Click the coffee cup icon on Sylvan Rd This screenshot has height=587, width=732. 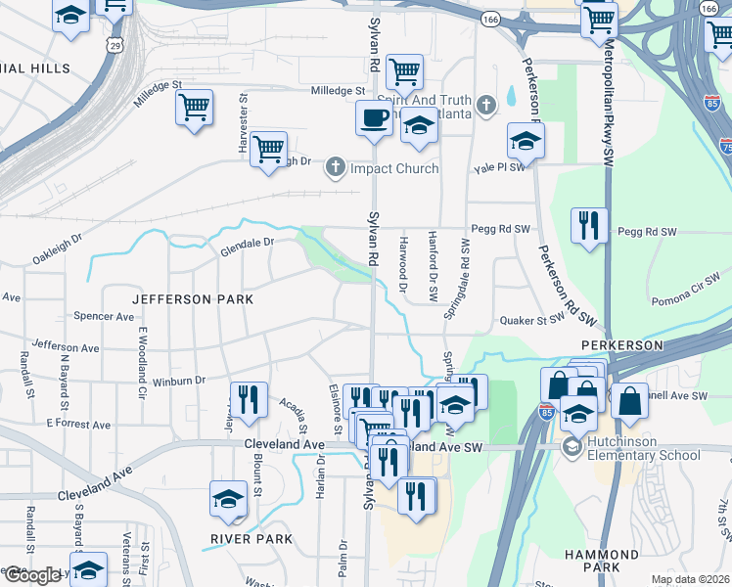coord(372,120)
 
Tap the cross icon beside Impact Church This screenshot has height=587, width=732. coord(335,167)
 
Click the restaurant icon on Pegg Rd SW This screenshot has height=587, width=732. coord(588,225)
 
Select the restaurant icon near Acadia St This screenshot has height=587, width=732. coord(249,398)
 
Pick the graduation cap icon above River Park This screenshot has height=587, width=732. coord(228,499)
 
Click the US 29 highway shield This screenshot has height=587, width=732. coord(117,46)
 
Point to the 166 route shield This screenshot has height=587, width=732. coord(490,19)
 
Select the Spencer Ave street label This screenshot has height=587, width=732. coord(104,317)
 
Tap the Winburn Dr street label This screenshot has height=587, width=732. coord(178,380)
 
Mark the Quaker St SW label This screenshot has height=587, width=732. coord(532,319)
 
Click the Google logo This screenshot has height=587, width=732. coord(31,575)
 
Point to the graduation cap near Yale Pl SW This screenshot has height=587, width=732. coord(526,141)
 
